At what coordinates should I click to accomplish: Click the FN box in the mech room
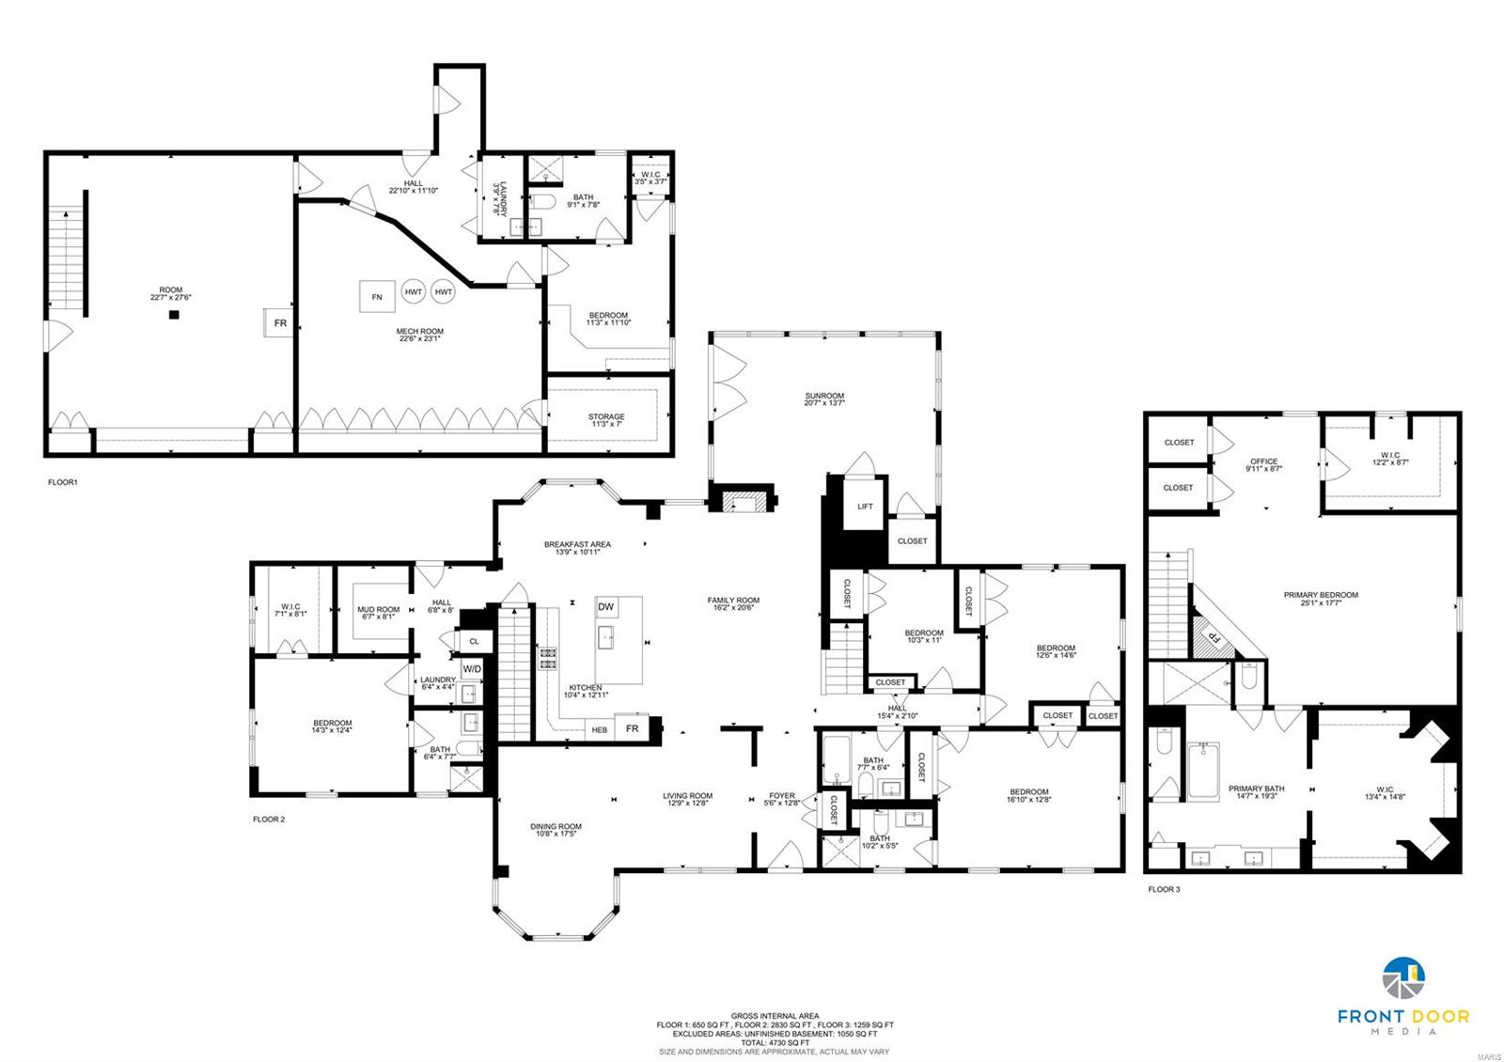tap(377, 297)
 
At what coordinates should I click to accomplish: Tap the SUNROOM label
tap(824, 397)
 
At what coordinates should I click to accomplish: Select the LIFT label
tap(865, 507)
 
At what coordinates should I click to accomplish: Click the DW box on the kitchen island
tap(606, 607)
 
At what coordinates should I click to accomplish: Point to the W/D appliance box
tap(472, 669)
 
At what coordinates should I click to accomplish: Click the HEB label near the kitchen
tap(599, 729)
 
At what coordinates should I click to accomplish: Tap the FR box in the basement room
tap(279, 323)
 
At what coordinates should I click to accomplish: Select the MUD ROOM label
tap(379, 610)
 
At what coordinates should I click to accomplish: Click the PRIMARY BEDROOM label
tap(1321, 595)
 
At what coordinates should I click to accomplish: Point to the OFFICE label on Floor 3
tap(1264, 461)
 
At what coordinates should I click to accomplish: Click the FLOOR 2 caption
tap(269, 820)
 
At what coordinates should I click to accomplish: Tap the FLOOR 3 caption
tap(1164, 889)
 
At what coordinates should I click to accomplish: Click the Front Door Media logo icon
tap(1403, 981)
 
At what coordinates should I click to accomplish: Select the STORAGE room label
tap(606, 416)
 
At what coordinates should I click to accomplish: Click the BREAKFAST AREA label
tap(577, 544)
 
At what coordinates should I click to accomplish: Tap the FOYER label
tap(782, 796)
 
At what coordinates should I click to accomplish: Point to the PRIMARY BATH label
tap(1256, 789)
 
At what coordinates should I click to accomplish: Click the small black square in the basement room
tap(174, 315)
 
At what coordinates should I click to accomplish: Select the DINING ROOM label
tap(556, 827)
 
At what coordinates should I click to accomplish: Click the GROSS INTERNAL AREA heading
tap(775, 1016)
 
